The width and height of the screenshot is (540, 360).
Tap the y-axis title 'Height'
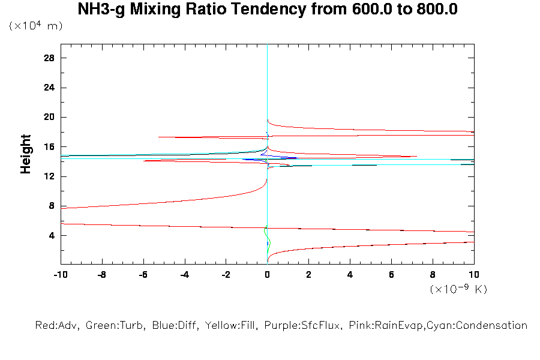(26, 154)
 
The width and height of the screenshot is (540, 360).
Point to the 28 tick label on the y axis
(49, 58)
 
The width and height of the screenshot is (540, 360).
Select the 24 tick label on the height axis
(49, 88)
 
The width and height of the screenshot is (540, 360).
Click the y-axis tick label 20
(49, 117)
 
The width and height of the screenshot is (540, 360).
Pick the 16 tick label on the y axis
(49, 146)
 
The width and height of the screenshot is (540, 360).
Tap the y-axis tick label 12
(49, 176)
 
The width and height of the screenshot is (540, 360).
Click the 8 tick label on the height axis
(52, 206)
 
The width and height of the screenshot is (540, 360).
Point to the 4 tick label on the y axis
(52, 235)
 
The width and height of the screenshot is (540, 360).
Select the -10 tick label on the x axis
(60, 275)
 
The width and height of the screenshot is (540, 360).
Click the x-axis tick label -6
(143, 275)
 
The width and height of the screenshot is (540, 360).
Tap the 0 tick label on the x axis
(268, 275)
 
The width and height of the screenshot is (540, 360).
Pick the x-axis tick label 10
(474, 275)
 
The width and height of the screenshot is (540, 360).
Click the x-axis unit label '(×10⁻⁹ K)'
(458, 289)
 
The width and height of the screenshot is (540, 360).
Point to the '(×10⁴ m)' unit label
(35, 26)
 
